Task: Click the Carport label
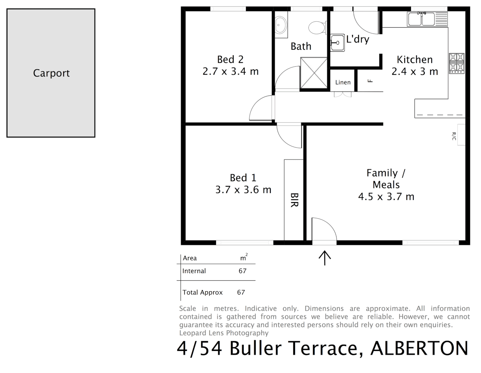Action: click(51, 73)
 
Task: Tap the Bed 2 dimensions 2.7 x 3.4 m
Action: click(230, 71)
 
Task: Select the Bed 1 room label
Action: click(243, 178)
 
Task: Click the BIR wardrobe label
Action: click(294, 200)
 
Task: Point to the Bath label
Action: click(301, 46)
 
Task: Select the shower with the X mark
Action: click(313, 73)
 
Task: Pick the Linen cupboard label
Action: click(343, 82)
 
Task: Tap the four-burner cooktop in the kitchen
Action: click(457, 63)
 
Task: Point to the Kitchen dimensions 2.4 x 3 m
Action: click(414, 71)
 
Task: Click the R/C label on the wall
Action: click(454, 136)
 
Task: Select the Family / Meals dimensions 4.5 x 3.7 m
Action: click(386, 197)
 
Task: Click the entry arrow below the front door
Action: click(325, 258)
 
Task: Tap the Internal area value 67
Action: click(243, 271)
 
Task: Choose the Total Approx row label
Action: click(203, 293)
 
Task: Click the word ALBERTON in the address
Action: click(419, 348)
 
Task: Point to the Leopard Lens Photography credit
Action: click(224, 333)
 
